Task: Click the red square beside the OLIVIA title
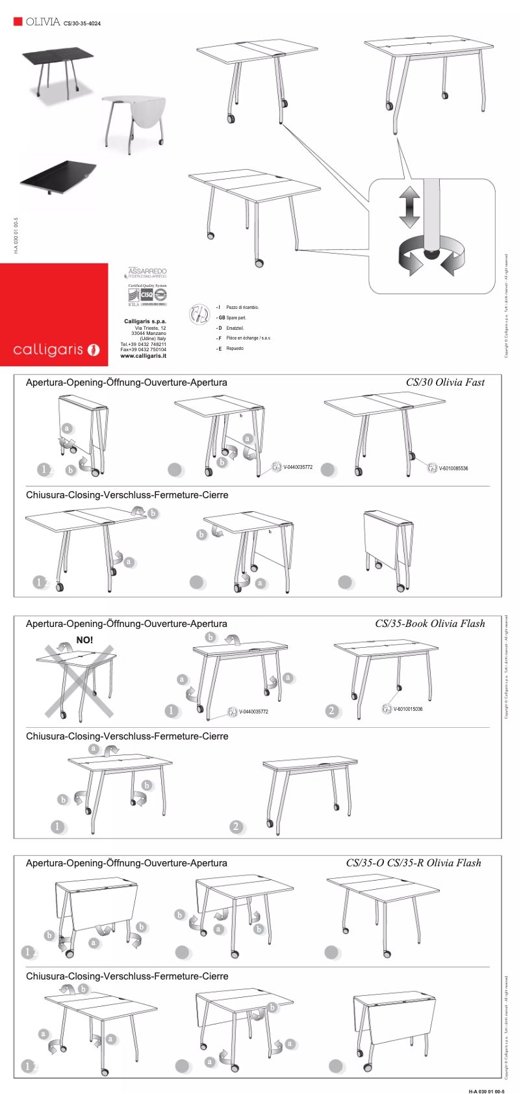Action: tap(18, 21)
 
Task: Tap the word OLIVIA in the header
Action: tap(43, 22)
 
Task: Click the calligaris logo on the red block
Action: tap(56, 350)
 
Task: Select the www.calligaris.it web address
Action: tap(143, 356)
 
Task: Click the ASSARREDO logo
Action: tap(147, 272)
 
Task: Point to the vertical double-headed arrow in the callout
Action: tap(409, 206)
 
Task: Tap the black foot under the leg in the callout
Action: tap(431, 252)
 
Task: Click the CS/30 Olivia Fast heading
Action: tap(445, 382)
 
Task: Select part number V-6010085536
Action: tap(453, 468)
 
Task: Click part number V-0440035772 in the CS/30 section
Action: tap(298, 467)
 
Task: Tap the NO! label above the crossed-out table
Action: tap(84, 640)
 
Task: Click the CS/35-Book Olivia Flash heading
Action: tap(429, 624)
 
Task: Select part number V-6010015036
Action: tap(407, 709)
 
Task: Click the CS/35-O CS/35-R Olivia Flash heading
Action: tap(413, 863)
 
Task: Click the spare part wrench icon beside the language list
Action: tap(198, 315)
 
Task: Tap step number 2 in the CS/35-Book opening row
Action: tap(332, 711)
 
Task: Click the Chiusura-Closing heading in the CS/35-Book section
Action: tap(127, 736)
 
